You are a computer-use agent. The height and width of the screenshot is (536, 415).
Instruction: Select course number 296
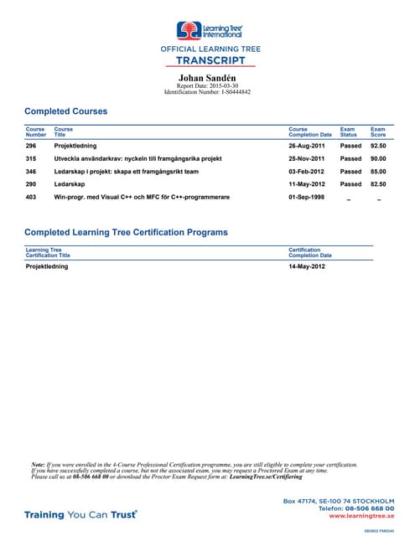(x=31, y=145)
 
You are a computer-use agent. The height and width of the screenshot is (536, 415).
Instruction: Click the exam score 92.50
(x=377, y=145)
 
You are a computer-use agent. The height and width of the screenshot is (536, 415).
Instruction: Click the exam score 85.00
(x=377, y=171)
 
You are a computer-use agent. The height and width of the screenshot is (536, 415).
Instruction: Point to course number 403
(x=31, y=197)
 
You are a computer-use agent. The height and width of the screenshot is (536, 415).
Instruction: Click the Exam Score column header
(x=377, y=131)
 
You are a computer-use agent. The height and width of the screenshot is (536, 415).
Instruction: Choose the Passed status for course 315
(x=350, y=158)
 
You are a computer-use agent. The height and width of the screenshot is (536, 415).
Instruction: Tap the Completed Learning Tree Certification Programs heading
(x=126, y=232)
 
